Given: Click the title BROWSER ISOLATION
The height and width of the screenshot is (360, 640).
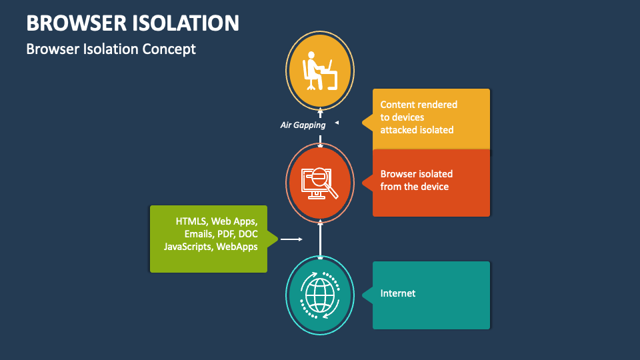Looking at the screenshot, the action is coord(133,23).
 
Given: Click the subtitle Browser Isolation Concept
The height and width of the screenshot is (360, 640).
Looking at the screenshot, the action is coord(111,49).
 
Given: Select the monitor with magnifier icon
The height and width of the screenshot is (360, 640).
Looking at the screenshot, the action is coord(319,183).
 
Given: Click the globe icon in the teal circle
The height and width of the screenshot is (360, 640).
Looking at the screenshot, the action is coord(320,295).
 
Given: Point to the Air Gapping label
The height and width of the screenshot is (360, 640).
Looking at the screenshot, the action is coord(303,125).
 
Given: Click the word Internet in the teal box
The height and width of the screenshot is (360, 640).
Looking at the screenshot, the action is coord(398,293).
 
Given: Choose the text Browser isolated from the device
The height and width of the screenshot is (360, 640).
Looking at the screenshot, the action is coord(416,180).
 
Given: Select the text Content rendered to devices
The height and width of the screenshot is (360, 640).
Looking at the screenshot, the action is coord(419,111).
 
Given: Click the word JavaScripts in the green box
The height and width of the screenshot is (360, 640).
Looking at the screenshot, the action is coord(188,247).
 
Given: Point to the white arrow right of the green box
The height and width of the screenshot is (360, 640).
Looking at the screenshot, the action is coord(291,239).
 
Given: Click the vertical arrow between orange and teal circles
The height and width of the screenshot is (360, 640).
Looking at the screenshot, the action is coord(320,239).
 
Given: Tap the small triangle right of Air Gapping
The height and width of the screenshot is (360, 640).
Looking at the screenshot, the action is coord(337,123).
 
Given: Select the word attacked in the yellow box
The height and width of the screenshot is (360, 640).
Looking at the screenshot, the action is coord(399,130).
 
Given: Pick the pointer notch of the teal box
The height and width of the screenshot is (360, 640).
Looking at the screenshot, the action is coord(367,295).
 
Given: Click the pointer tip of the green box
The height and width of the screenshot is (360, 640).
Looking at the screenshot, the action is coord(277,239).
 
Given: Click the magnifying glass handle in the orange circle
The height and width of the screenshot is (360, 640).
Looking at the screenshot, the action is coord(331,191).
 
